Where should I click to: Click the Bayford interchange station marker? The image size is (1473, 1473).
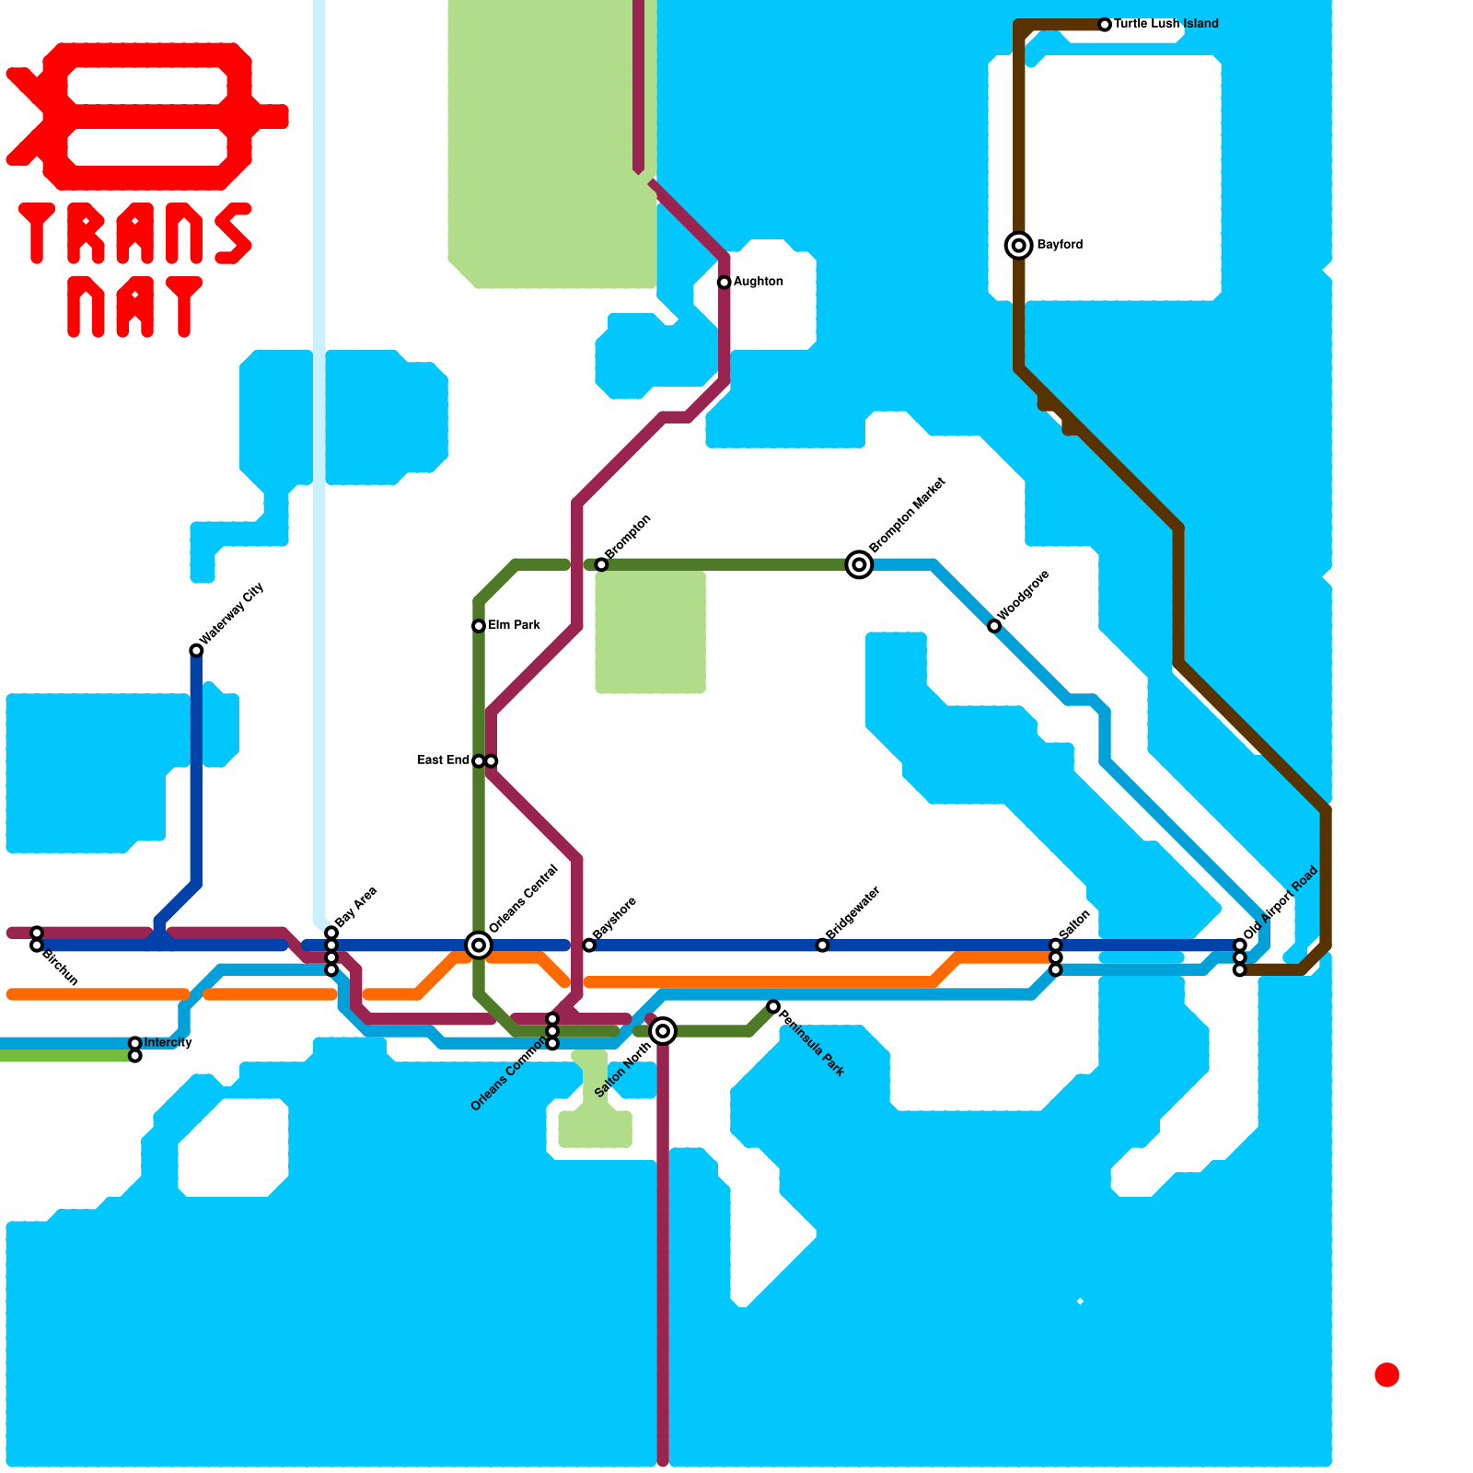tap(1018, 245)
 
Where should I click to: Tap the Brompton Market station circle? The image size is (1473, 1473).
tap(859, 564)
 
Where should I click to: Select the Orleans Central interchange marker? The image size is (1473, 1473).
tap(479, 945)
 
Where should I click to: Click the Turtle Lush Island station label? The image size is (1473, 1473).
tap(1166, 24)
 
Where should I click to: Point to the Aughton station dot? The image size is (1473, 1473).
tap(725, 282)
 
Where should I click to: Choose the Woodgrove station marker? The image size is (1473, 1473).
tap(994, 626)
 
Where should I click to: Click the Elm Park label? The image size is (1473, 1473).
tap(514, 625)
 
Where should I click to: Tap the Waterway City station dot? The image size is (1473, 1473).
tap(196, 651)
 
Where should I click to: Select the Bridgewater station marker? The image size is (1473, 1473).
tap(822, 945)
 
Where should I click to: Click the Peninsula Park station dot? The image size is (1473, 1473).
tap(773, 1006)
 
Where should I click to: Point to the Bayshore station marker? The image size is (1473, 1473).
tap(589, 945)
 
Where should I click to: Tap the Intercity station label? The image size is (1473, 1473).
tap(168, 1043)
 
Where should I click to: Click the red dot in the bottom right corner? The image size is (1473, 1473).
tap(1386, 1374)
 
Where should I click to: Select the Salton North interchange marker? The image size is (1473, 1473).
tap(663, 1031)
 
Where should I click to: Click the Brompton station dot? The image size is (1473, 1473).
tap(601, 564)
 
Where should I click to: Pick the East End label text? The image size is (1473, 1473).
tap(444, 760)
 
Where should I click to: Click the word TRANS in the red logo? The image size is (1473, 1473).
tap(135, 233)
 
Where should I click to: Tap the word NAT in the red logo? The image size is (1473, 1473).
tap(135, 307)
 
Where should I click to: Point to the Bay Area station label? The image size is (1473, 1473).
tap(355, 908)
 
